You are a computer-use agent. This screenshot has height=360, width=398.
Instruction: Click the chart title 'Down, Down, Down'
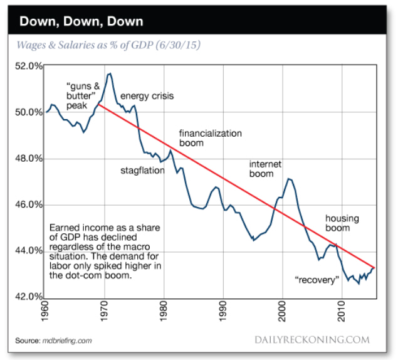coord(81,21)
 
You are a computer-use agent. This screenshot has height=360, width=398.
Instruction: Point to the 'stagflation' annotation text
coord(142,170)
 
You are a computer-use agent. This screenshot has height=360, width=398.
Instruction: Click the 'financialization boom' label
coord(211,138)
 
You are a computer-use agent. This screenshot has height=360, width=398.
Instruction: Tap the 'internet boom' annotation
coord(266,169)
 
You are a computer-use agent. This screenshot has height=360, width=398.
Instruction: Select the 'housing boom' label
coord(342,223)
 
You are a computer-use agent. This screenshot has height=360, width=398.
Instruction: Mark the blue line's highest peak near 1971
coord(110,73)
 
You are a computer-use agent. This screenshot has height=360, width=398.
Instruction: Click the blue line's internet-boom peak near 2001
coord(289,179)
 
